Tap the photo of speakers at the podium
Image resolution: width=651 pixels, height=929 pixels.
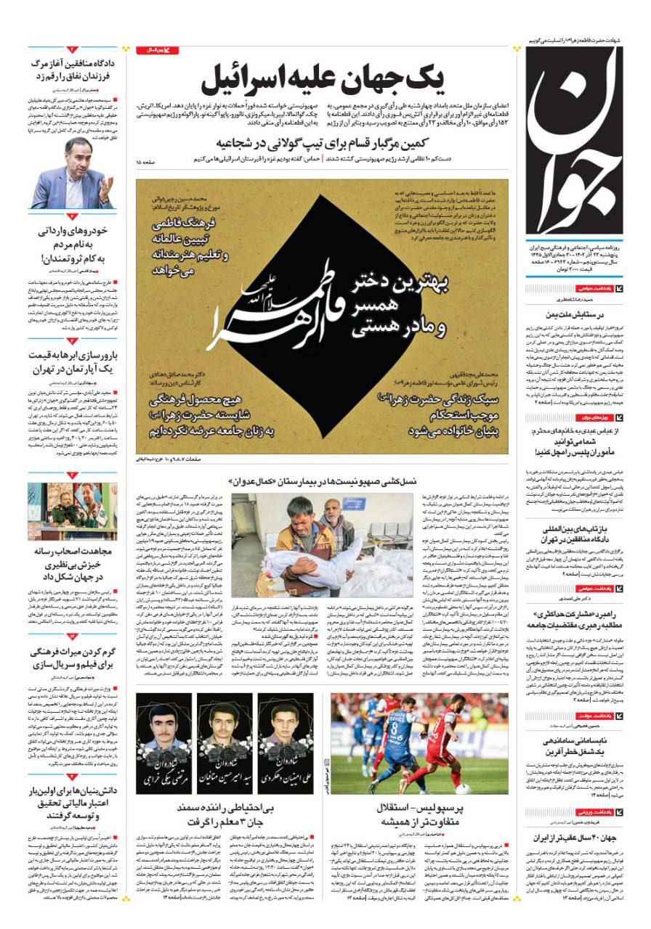[x=73, y=511]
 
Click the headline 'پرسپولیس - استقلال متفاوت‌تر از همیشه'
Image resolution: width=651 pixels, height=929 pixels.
[x=419, y=814]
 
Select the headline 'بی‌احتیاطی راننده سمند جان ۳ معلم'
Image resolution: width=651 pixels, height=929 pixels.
[x=225, y=814]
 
